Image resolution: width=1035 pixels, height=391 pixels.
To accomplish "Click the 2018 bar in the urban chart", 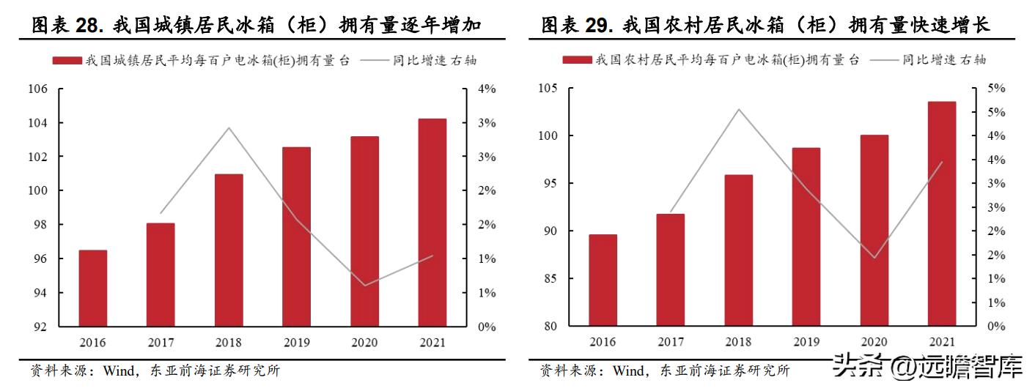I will (229, 250).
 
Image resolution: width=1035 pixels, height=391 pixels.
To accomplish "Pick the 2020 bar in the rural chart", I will (874, 231).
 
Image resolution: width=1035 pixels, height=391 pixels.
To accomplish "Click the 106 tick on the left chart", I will (37, 89).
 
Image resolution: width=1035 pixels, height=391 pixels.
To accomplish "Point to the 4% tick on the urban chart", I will (487, 89).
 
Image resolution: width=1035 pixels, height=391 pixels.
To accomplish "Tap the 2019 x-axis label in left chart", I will (297, 343).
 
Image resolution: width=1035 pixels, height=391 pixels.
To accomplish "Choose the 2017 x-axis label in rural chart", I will (671, 342).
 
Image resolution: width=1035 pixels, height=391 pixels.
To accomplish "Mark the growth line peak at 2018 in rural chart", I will (739, 110).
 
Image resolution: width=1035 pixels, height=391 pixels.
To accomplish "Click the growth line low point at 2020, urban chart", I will (365, 285).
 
